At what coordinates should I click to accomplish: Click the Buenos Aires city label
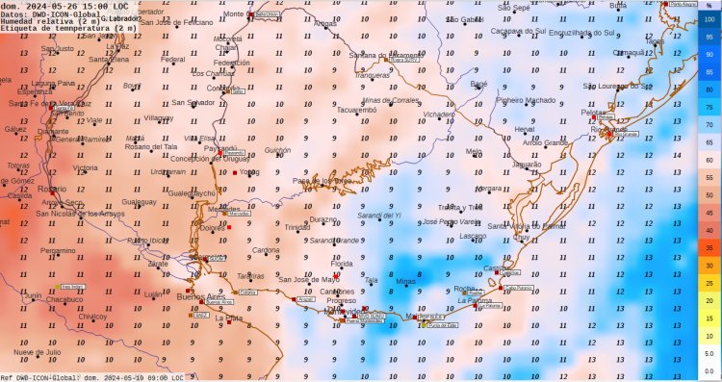(x=198, y=297)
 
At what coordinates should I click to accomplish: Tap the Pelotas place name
(x=594, y=113)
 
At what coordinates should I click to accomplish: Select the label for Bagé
(x=478, y=84)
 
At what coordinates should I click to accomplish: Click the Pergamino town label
(x=58, y=250)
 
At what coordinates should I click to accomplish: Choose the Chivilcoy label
(x=92, y=316)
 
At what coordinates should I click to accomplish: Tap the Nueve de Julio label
(x=37, y=352)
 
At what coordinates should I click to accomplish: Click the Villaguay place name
(x=159, y=117)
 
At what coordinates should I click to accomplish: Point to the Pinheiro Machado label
(x=526, y=99)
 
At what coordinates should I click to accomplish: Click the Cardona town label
(x=266, y=250)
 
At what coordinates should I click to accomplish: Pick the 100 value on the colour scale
(x=709, y=19)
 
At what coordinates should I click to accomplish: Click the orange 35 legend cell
(x=709, y=247)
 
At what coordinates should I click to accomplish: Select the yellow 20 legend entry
(x=709, y=299)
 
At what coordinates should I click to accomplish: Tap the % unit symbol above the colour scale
(x=709, y=7)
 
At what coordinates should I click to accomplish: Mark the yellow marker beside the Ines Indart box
(x=55, y=287)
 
